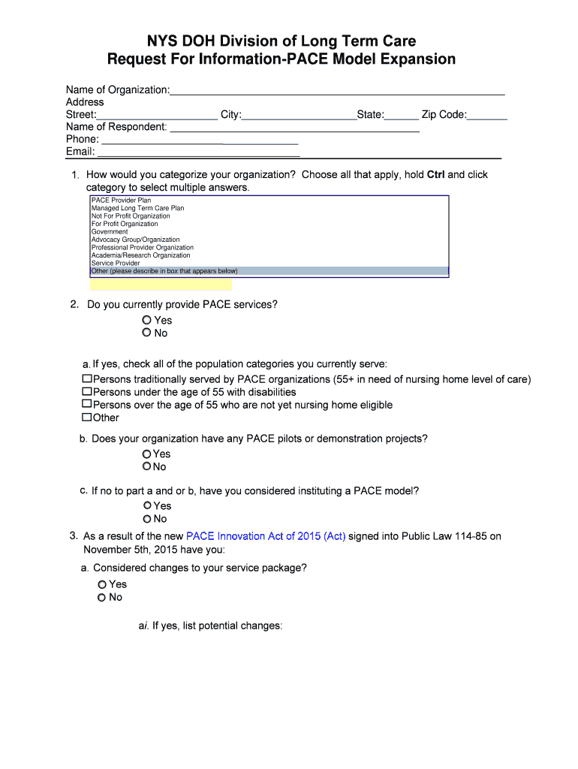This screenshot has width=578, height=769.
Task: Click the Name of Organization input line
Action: point(337,90)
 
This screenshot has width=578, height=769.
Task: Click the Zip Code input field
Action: point(487,115)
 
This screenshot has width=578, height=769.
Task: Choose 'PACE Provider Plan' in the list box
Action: point(121,201)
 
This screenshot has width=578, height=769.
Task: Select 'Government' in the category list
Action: point(110,232)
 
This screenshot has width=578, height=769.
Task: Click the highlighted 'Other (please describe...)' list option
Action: point(164,271)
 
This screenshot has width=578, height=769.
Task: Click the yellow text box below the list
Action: point(161,285)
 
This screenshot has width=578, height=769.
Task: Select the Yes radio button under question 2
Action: point(147,321)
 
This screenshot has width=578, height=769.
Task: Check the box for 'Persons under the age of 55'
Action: point(87,392)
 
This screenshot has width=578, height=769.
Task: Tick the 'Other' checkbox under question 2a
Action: point(87,418)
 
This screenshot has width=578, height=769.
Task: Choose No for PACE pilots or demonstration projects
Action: point(147,467)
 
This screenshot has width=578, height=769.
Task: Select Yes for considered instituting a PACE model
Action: point(148,506)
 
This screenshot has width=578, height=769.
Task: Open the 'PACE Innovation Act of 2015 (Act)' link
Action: point(266,536)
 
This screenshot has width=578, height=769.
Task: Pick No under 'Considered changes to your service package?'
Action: point(102,598)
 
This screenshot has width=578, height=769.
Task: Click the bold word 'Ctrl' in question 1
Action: point(435,175)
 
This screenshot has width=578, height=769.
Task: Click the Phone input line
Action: point(200,139)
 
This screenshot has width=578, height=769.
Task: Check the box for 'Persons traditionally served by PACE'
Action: point(87,379)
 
